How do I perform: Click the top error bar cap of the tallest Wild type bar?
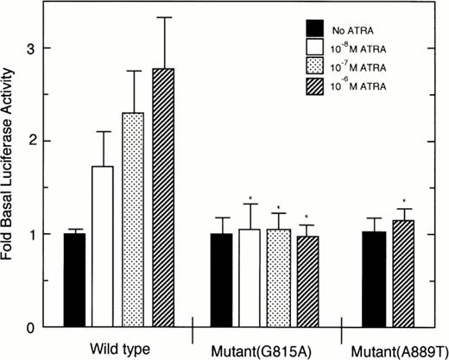pyautogui.click(x=156, y=17)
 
